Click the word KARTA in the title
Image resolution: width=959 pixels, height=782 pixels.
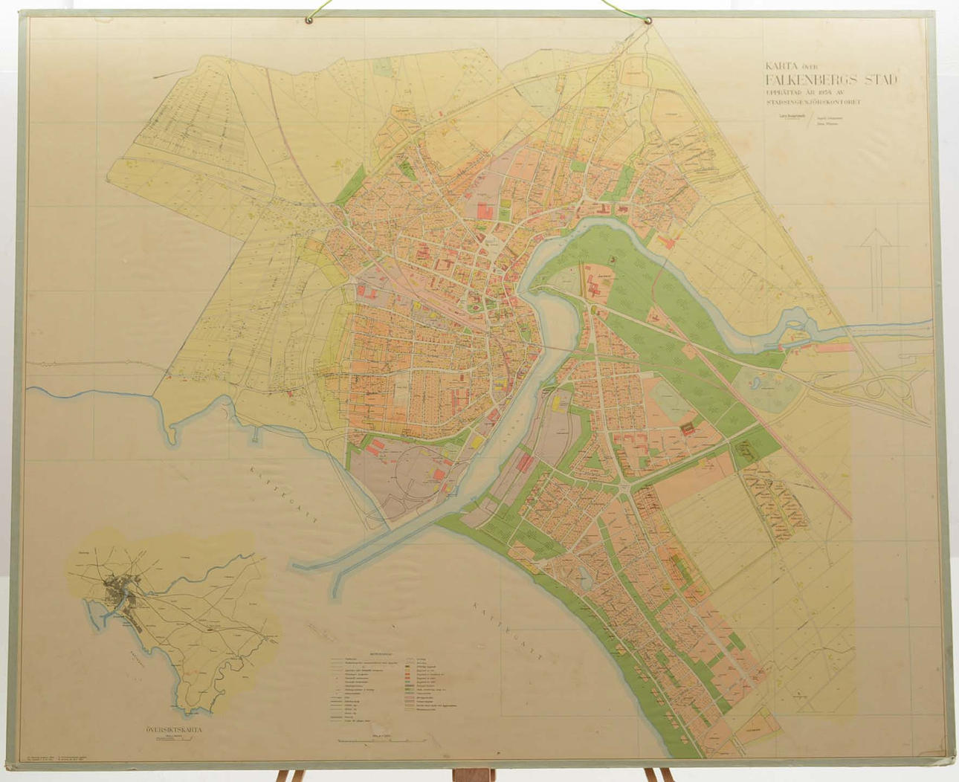[782, 65]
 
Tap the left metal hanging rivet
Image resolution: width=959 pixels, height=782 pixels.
[309, 19]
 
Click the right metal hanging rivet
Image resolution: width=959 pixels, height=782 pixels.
[648, 20]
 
